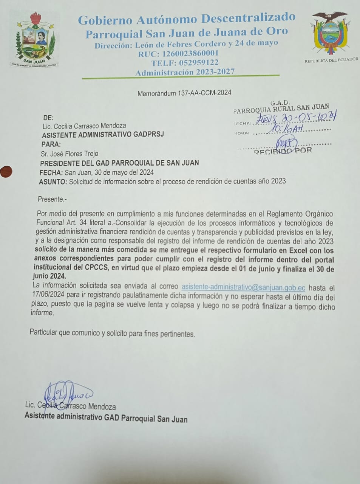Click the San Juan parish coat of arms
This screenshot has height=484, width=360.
(x=34, y=40)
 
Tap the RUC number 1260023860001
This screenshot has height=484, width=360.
(x=189, y=54)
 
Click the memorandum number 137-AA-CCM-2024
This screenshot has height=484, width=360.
(x=204, y=93)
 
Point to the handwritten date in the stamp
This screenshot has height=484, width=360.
(x=296, y=118)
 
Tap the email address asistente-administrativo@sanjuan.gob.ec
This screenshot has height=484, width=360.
(x=243, y=287)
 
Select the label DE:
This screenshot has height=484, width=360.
(x=48, y=118)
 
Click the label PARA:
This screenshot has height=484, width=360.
(x=51, y=144)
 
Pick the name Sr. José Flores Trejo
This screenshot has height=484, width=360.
(x=70, y=154)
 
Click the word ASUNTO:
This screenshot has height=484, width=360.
(x=53, y=182)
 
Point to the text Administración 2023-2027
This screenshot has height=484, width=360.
(x=185, y=72)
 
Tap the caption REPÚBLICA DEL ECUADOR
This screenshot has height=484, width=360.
(x=331, y=60)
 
